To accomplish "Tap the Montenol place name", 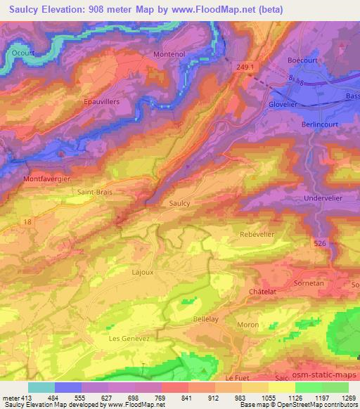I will coord(169,54).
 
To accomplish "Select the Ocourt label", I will coord(23,51).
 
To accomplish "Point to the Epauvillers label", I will coord(103,100).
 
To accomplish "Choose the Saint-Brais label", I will coord(95,190).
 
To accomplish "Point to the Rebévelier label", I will coord(257,235).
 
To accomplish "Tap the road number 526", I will coord(319,243).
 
